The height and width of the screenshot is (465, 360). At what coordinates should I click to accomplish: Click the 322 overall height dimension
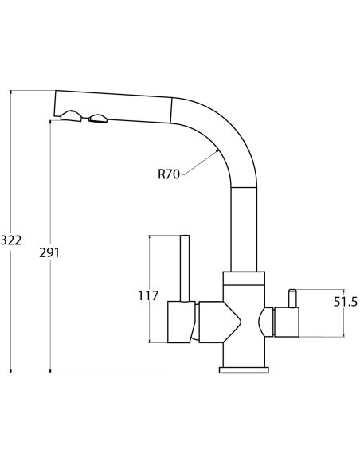[11, 240]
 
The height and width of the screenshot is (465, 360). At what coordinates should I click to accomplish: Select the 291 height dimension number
[49, 252]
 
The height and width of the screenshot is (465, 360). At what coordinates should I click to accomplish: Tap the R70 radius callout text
[169, 174]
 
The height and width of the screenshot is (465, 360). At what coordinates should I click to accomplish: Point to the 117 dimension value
[148, 295]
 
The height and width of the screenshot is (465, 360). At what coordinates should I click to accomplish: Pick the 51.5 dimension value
[346, 302]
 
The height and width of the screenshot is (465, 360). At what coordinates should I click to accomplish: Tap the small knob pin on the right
[292, 299]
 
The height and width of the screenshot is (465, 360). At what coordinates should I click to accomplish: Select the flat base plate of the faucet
[244, 369]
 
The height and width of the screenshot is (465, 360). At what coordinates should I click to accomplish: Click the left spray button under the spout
[71, 116]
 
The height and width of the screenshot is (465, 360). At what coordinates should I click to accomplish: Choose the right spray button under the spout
[98, 119]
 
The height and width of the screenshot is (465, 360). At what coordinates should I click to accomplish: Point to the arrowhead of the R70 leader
[217, 151]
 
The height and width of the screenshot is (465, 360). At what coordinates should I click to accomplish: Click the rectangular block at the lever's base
[181, 322]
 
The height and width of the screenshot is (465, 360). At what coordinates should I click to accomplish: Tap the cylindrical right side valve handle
[287, 322]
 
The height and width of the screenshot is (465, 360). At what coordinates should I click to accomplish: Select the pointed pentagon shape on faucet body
[220, 322]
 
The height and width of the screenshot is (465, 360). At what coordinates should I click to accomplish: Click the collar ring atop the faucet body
[244, 279]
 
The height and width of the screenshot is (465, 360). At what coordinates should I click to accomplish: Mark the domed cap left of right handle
[266, 322]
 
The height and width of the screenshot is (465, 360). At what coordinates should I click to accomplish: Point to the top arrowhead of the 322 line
[11, 92]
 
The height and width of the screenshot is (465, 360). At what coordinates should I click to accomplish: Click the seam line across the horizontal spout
[171, 111]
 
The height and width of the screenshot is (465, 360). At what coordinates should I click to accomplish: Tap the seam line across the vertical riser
[244, 187]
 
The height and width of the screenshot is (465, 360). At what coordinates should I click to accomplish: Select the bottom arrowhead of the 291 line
[50, 370]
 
